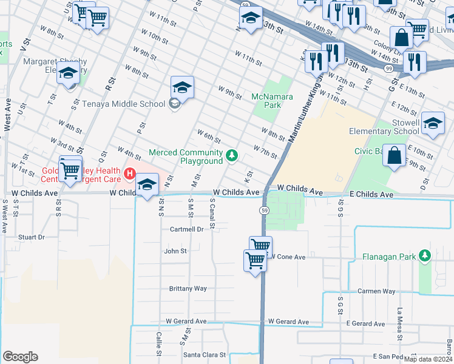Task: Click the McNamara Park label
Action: pyautogui.click(x=273, y=101)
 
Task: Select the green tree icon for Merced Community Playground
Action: pyautogui.click(x=231, y=157)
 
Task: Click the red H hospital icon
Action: pyautogui.click(x=129, y=175)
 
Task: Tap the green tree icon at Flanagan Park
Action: pyautogui.click(x=425, y=256)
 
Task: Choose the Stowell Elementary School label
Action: pyautogui.click(x=384, y=127)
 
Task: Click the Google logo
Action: pyautogui.click(x=20, y=357)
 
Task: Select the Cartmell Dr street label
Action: pyautogui.click(x=186, y=229)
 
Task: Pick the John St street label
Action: pyautogui.click(x=175, y=251)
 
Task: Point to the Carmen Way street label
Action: pyautogui.click(x=376, y=291)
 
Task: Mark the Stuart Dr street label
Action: pyautogui.click(x=32, y=237)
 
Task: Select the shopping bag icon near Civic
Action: pyautogui.click(x=394, y=155)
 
